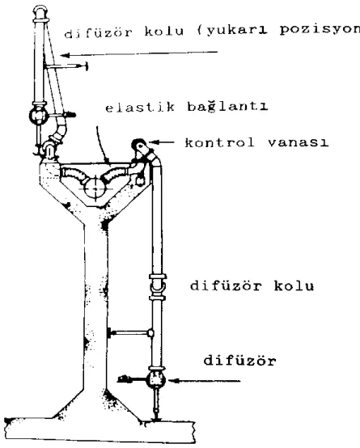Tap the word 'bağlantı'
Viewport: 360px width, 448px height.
227,107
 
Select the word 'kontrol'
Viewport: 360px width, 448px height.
219,142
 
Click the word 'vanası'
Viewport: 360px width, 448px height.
298,142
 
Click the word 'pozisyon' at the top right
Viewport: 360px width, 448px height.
320,30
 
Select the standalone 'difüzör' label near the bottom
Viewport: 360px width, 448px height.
239,361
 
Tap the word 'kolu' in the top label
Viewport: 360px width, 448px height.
164,32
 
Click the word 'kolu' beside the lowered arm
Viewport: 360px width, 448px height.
294,285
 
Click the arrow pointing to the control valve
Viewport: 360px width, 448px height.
161,142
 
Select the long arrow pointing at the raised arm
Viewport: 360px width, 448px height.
139,53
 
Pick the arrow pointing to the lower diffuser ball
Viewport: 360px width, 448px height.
204,381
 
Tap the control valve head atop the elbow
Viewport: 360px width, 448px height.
140,146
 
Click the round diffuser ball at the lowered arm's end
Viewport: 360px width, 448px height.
156,380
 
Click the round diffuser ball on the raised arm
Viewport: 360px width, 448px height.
38,115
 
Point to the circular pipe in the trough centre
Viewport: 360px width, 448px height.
95,189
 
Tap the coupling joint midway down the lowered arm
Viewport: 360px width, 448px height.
158,286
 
